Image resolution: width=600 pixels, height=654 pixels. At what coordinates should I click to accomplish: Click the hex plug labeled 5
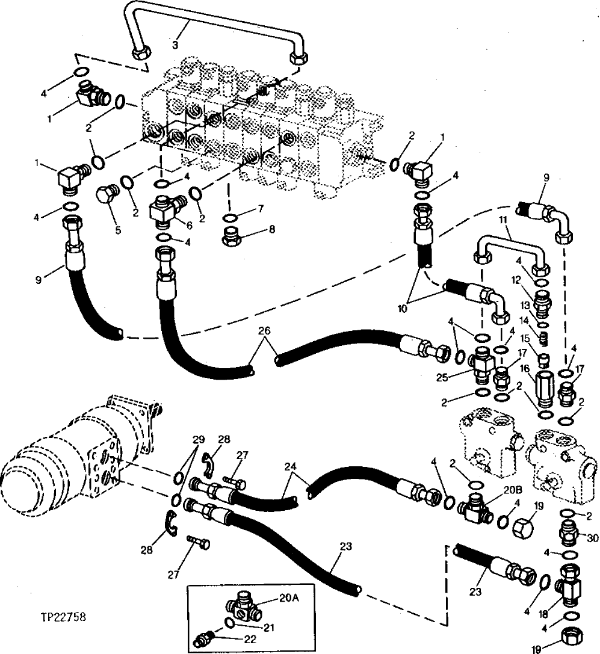107,196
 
